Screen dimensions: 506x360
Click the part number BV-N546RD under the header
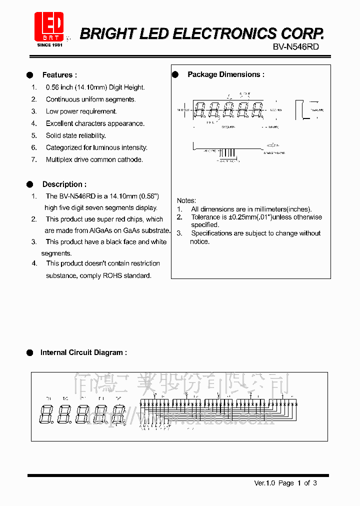[295, 46]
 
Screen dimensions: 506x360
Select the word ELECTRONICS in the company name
[225, 33]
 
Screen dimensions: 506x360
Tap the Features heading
[59, 75]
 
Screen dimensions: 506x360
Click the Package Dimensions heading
[225, 74]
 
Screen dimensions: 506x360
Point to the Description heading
[64, 184]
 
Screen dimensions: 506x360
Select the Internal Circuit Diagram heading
[83, 352]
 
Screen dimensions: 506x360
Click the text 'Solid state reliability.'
[75, 135]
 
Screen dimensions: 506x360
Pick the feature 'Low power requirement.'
[81, 111]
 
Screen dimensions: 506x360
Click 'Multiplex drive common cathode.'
[94, 159]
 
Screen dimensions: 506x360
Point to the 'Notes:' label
[186, 200]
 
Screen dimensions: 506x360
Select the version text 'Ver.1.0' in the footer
[265, 483]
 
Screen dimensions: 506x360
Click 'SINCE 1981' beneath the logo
[49, 44]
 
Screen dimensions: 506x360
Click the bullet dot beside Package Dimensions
[175, 74]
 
